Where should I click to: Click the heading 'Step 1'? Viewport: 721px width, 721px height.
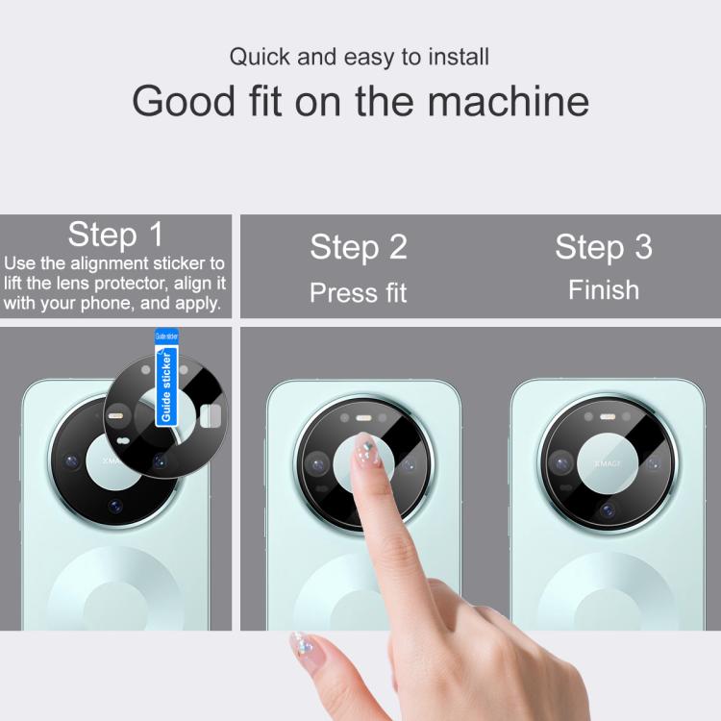(x=115, y=235)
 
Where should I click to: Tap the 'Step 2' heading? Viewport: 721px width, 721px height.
(x=359, y=247)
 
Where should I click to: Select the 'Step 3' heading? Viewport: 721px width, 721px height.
(x=604, y=247)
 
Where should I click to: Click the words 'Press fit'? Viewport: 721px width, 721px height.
(x=359, y=292)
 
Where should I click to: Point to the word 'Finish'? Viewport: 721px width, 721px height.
(x=604, y=290)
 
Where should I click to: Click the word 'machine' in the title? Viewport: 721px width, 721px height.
(x=509, y=101)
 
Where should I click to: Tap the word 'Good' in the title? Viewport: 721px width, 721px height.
(x=184, y=101)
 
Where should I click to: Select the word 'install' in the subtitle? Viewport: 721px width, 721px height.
(x=459, y=57)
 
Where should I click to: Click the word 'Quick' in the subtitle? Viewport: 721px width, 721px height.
(x=260, y=57)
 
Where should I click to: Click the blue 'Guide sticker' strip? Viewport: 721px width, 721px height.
(x=166, y=377)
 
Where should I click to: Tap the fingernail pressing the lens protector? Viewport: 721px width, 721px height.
(x=366, y=450)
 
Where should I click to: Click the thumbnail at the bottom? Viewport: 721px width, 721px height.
(x=303, y=645)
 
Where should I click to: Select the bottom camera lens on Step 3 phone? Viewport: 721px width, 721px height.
(x=608, y=510)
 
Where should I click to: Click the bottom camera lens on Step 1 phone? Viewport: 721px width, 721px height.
(x=115, y=506)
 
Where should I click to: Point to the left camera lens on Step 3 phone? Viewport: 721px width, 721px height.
(x=561, y=463)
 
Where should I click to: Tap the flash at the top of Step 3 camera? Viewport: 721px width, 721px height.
(x=608, y=417)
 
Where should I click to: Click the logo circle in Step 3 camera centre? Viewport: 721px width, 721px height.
(x=608, y=463)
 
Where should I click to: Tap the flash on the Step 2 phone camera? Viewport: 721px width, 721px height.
(x=363, y=418)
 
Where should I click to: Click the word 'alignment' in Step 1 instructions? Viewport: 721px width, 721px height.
(x=110, y=263)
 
